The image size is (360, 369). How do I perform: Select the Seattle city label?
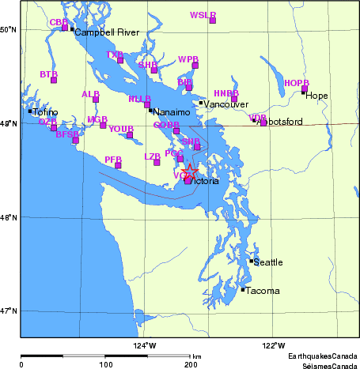pyautogui.click(x=267, y=262)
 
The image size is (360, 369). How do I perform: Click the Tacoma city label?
pyautogui.click(x=262, y=291)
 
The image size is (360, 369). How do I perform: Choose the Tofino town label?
pyautogui.click(x=46, y=113)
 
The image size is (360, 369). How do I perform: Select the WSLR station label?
pyautogui.click(x=203, y=15)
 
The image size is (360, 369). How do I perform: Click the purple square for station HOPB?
pyautogui.click(x=305, y=88)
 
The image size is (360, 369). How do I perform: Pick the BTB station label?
pyautogui.click(x=48, y=73)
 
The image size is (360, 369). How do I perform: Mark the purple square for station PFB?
pyautogui.click(x=118, y=165)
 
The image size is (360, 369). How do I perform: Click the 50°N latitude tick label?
pyautogui.click(x=9, y=29)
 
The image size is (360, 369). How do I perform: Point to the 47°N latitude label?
pyautogui.click(x=9, y=311)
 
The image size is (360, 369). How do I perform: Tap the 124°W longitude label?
pyautogui.click(x=145, y=345)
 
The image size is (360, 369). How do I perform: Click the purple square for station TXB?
pyautogui.click(x=120, y=60)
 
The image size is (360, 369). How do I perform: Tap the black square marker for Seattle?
pyautogui.click(x=252, y=261)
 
